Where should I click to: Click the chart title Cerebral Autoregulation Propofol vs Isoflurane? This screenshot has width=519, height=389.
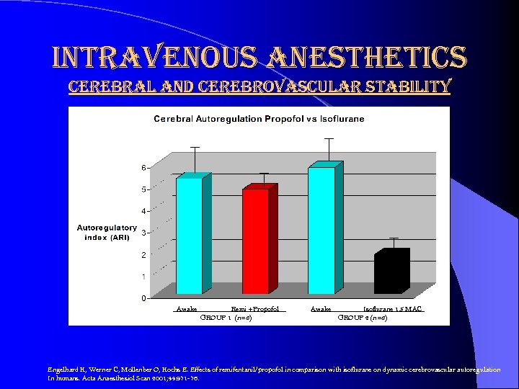coord(259,118)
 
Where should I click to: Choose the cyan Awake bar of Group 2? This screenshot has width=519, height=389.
coord(322,230)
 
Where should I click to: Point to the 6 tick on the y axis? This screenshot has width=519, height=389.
coord(143,168)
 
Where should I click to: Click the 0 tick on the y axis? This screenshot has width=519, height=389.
coord(143,298)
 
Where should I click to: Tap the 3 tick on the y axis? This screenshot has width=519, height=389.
coord(143,233)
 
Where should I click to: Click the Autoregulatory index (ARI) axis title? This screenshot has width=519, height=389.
coord(107,233)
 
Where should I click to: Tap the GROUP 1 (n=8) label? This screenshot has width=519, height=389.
coord(225,318)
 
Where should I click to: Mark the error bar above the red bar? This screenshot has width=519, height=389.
coord(264,179)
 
